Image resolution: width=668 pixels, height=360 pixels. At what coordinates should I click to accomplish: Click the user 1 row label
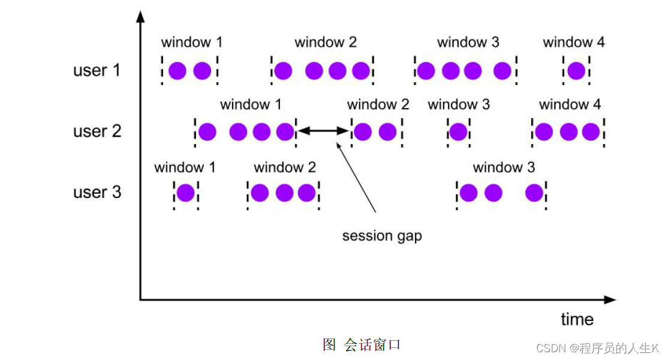[97, 70]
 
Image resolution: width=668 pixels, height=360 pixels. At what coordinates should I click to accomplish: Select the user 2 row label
[97, 131]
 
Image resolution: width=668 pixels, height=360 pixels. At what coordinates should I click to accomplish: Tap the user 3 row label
[97, 192]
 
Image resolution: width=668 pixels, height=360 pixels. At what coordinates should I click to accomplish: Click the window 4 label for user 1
[573, 42]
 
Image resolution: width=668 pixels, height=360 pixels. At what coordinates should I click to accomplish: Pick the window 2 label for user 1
[325, 42]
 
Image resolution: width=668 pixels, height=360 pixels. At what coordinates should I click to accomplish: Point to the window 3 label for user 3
[503, 167]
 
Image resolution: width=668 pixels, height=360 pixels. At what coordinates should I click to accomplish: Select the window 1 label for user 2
[250, 104]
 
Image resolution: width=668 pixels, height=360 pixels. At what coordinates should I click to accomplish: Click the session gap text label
[382, 236]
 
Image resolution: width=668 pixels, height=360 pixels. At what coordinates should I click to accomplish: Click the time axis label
[577, 319]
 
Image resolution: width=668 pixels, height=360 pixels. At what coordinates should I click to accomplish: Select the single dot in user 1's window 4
[576, 71]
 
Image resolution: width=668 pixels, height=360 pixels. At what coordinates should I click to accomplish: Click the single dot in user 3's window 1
[185, 193]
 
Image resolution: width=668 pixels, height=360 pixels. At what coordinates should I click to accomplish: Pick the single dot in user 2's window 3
[458, 131]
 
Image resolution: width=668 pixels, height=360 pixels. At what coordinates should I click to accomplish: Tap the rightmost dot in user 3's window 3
[534, 193]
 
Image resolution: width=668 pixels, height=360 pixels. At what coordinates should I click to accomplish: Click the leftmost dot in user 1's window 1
[177, 71]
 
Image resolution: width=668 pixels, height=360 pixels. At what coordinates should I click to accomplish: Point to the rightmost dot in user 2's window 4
[591, 131]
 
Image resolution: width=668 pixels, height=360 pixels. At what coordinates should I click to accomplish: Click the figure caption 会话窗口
[362, 344]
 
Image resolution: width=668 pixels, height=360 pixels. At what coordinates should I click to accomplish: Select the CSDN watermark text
[597, 348]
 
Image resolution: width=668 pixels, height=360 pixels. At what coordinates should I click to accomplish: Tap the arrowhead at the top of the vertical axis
[140, 15]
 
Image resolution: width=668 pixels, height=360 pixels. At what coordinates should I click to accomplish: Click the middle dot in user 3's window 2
[284, 193]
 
